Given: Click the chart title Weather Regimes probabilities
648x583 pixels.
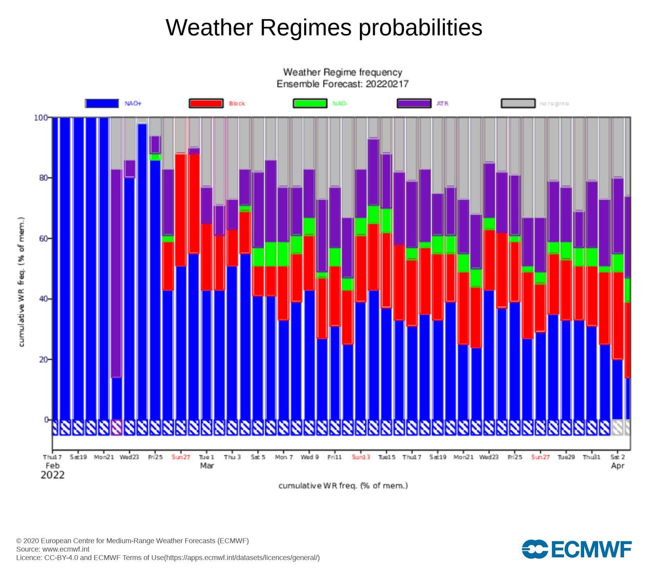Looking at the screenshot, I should point(324,27).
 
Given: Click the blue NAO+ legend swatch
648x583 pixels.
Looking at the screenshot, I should point(102,103).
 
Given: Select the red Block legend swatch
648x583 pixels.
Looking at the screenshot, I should point(206,103).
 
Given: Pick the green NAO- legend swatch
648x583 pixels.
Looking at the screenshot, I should point(310,103).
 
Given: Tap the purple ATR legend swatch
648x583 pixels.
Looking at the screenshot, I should point(414,103).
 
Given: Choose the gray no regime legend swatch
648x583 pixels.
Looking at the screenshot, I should point(518,103).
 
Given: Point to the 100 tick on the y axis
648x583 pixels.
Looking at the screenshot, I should point(41,117).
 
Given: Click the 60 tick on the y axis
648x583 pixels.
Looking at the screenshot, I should point(42,238).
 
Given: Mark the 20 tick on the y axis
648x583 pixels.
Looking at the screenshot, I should point(42,359).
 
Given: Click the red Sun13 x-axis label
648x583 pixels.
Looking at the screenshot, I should point(361,457).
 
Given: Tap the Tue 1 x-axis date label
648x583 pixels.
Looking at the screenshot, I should point(206,457).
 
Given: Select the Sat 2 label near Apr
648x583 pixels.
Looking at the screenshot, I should point(618,457).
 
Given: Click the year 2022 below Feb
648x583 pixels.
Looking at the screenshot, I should point(53,475).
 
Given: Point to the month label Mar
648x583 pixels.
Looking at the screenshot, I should point(207,466).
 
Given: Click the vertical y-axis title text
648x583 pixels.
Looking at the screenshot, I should point(22,282).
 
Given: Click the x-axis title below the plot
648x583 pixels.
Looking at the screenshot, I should point(343,486).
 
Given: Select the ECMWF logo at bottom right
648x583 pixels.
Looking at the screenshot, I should point(577,549).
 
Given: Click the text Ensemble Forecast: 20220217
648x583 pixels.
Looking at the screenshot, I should point(343,84).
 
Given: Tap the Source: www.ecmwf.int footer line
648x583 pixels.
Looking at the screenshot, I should point(53,549).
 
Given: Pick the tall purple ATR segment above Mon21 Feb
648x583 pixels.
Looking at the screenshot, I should point(116,273).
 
